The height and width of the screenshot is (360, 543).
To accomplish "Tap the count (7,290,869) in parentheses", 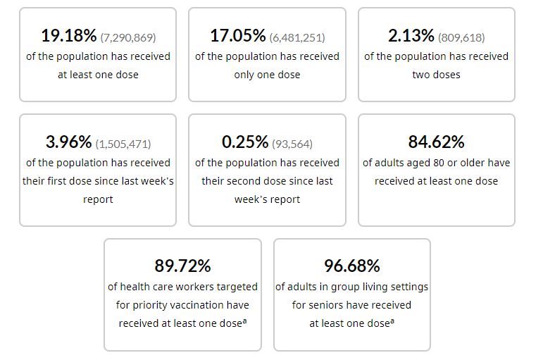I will (x=128, y=37).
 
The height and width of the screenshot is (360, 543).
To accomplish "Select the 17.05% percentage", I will (x=237, y=35).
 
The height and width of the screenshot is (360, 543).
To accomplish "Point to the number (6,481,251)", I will (x=297, y=37).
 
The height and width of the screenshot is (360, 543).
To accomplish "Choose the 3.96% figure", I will (x=68, y=142).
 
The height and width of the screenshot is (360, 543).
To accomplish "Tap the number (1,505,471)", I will (x=123, y=144).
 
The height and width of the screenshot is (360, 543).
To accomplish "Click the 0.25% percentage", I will (x=244, y=142).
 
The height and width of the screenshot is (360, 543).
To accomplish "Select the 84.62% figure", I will (x=436, y=142).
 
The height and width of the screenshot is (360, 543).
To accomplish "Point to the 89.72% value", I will (x=182, y=266).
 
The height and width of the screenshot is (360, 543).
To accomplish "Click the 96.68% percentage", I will (x=351, y=266).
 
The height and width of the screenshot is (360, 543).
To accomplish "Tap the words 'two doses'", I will (x=436, y=74).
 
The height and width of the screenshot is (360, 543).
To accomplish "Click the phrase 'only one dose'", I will (x=267, y=74).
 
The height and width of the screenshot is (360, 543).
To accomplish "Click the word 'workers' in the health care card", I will (x=204, y=287).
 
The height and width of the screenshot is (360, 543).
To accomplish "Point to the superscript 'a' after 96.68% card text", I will (x=392, y=321).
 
